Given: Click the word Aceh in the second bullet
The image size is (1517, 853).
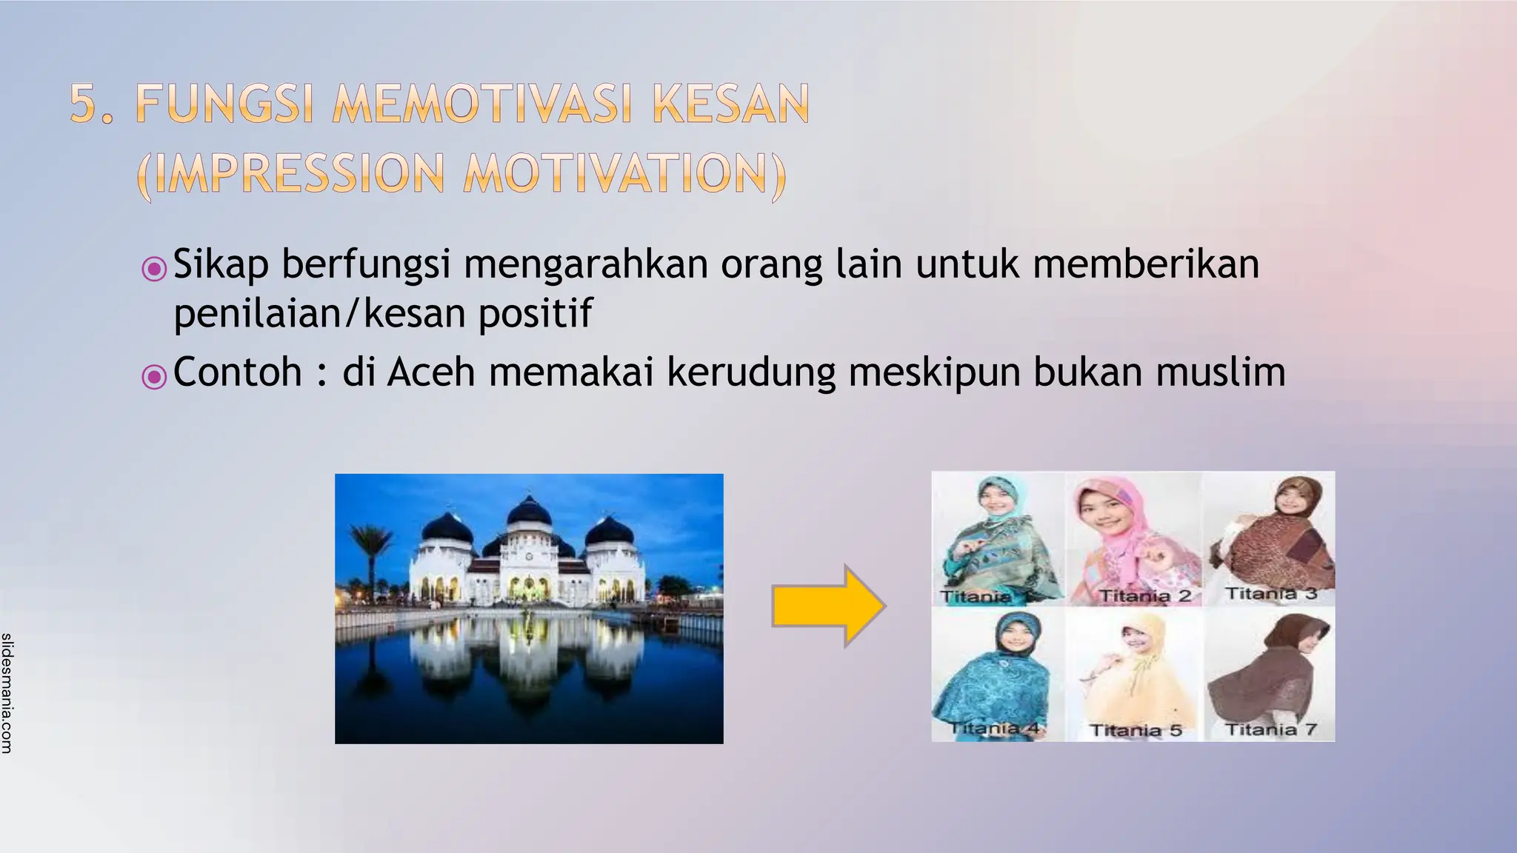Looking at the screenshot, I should (x=430, y=372).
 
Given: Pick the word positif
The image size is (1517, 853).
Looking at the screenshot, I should (x=535, y=313).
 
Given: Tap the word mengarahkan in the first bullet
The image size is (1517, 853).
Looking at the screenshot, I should (x=585, y=265).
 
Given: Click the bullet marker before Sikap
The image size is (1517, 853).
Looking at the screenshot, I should (x=154, y=268).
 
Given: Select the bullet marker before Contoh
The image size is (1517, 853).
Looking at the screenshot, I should (x=154, y=376).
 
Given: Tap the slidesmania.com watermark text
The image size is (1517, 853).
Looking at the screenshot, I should (x=7, y=693).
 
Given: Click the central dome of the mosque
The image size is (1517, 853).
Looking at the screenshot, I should (x=528, y=511).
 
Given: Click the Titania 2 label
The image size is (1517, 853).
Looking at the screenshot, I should (x=1144, y=595).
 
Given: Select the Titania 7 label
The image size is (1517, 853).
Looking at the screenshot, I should (x=1270, y=729).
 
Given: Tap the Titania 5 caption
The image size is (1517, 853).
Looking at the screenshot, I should (x=1136, y=730).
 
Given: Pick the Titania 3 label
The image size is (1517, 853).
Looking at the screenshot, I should (x=1270, y=593).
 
